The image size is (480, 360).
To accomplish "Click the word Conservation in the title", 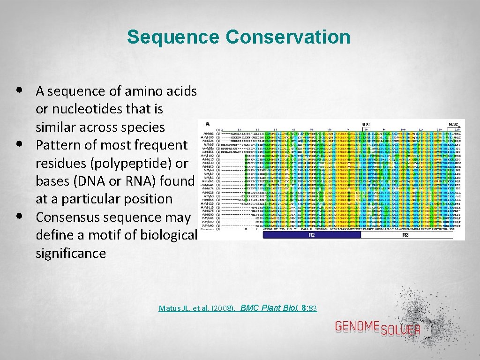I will tap(288, 37).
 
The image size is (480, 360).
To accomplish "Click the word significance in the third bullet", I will tap(71, 254).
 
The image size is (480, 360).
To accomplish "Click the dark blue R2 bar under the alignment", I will tap(311, 235).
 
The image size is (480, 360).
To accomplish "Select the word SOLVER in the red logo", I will tap(400, 330).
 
